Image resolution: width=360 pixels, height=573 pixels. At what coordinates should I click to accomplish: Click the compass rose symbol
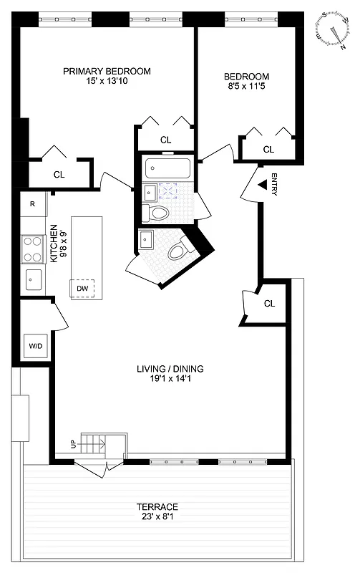tap(331, 30)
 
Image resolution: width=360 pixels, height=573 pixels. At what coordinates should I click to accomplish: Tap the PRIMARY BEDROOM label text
tap(107, 72)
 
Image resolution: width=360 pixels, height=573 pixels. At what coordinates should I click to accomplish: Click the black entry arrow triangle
tap(262, 186)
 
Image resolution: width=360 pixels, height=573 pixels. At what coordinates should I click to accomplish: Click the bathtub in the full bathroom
tap(168, 169)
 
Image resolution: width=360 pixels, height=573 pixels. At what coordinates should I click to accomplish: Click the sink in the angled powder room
tap(147, 239)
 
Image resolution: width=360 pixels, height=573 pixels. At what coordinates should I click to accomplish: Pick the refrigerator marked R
tap(32, 203)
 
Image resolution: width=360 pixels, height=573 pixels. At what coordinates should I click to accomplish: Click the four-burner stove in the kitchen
tap(32, 249)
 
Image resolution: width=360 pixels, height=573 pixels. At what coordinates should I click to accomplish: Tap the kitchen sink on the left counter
tap(32, 279)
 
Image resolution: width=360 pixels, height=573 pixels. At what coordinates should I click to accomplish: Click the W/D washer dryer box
tap(35, 346)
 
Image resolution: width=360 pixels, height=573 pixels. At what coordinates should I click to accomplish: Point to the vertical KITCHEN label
tap(54, 244)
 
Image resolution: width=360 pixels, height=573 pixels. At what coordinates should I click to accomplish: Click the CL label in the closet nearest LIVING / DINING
tap(269, 304)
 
